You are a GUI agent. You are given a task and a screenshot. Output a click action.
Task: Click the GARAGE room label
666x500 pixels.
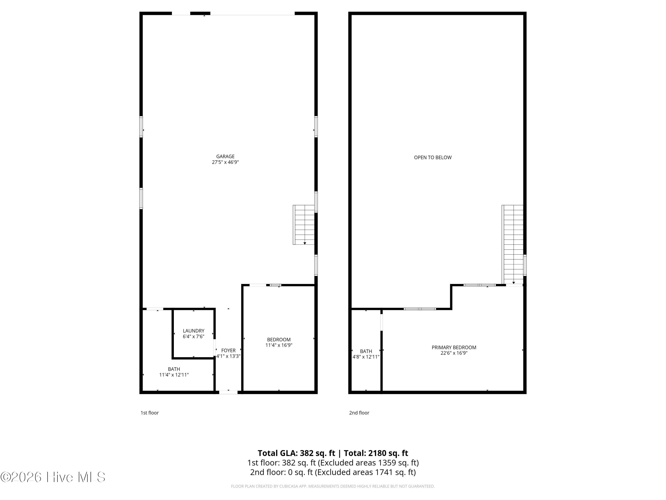[225, 156]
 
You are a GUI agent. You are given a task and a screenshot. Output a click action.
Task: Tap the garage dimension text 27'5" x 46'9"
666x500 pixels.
[225, 162]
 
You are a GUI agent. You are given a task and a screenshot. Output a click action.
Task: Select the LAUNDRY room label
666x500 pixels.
[194, 331]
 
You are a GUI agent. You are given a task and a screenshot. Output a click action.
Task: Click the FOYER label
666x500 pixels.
[228, 350]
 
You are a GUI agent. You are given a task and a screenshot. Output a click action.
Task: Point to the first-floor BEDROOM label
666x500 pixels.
[279, 340]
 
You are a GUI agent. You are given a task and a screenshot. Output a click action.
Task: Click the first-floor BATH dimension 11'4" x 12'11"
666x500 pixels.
[174, 375]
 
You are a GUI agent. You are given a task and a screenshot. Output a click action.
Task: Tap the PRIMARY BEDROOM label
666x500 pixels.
[454, 348]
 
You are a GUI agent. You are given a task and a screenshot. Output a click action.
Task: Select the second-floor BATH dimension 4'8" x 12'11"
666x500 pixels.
[366, 357]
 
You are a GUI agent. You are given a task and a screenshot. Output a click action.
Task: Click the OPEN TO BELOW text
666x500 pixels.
[433, 157]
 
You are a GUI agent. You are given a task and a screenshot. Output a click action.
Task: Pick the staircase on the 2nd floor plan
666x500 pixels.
[513, 244]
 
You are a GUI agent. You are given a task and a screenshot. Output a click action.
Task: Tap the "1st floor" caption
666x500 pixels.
[150, 413]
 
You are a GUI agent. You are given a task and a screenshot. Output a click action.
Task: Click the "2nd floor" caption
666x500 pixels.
[359, 413]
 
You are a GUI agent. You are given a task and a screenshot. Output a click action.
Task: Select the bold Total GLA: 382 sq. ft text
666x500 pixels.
[296, 453]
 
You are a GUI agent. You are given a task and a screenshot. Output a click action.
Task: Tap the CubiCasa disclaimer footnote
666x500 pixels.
[333, 486]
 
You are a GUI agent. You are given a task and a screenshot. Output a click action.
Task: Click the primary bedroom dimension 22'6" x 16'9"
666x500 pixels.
[454, 353]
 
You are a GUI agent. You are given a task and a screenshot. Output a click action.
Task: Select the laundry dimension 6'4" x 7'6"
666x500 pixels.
[194, 336]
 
